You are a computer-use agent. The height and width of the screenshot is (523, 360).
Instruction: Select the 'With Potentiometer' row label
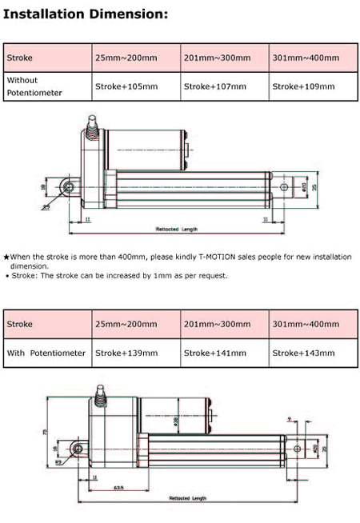pos(46,353)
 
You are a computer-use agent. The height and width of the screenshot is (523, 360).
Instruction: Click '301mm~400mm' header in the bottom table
pos(306,325)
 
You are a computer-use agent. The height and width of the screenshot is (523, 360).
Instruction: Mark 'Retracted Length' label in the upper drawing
pos(177,230)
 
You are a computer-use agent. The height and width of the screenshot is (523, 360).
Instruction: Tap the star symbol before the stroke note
pos(6,257)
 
